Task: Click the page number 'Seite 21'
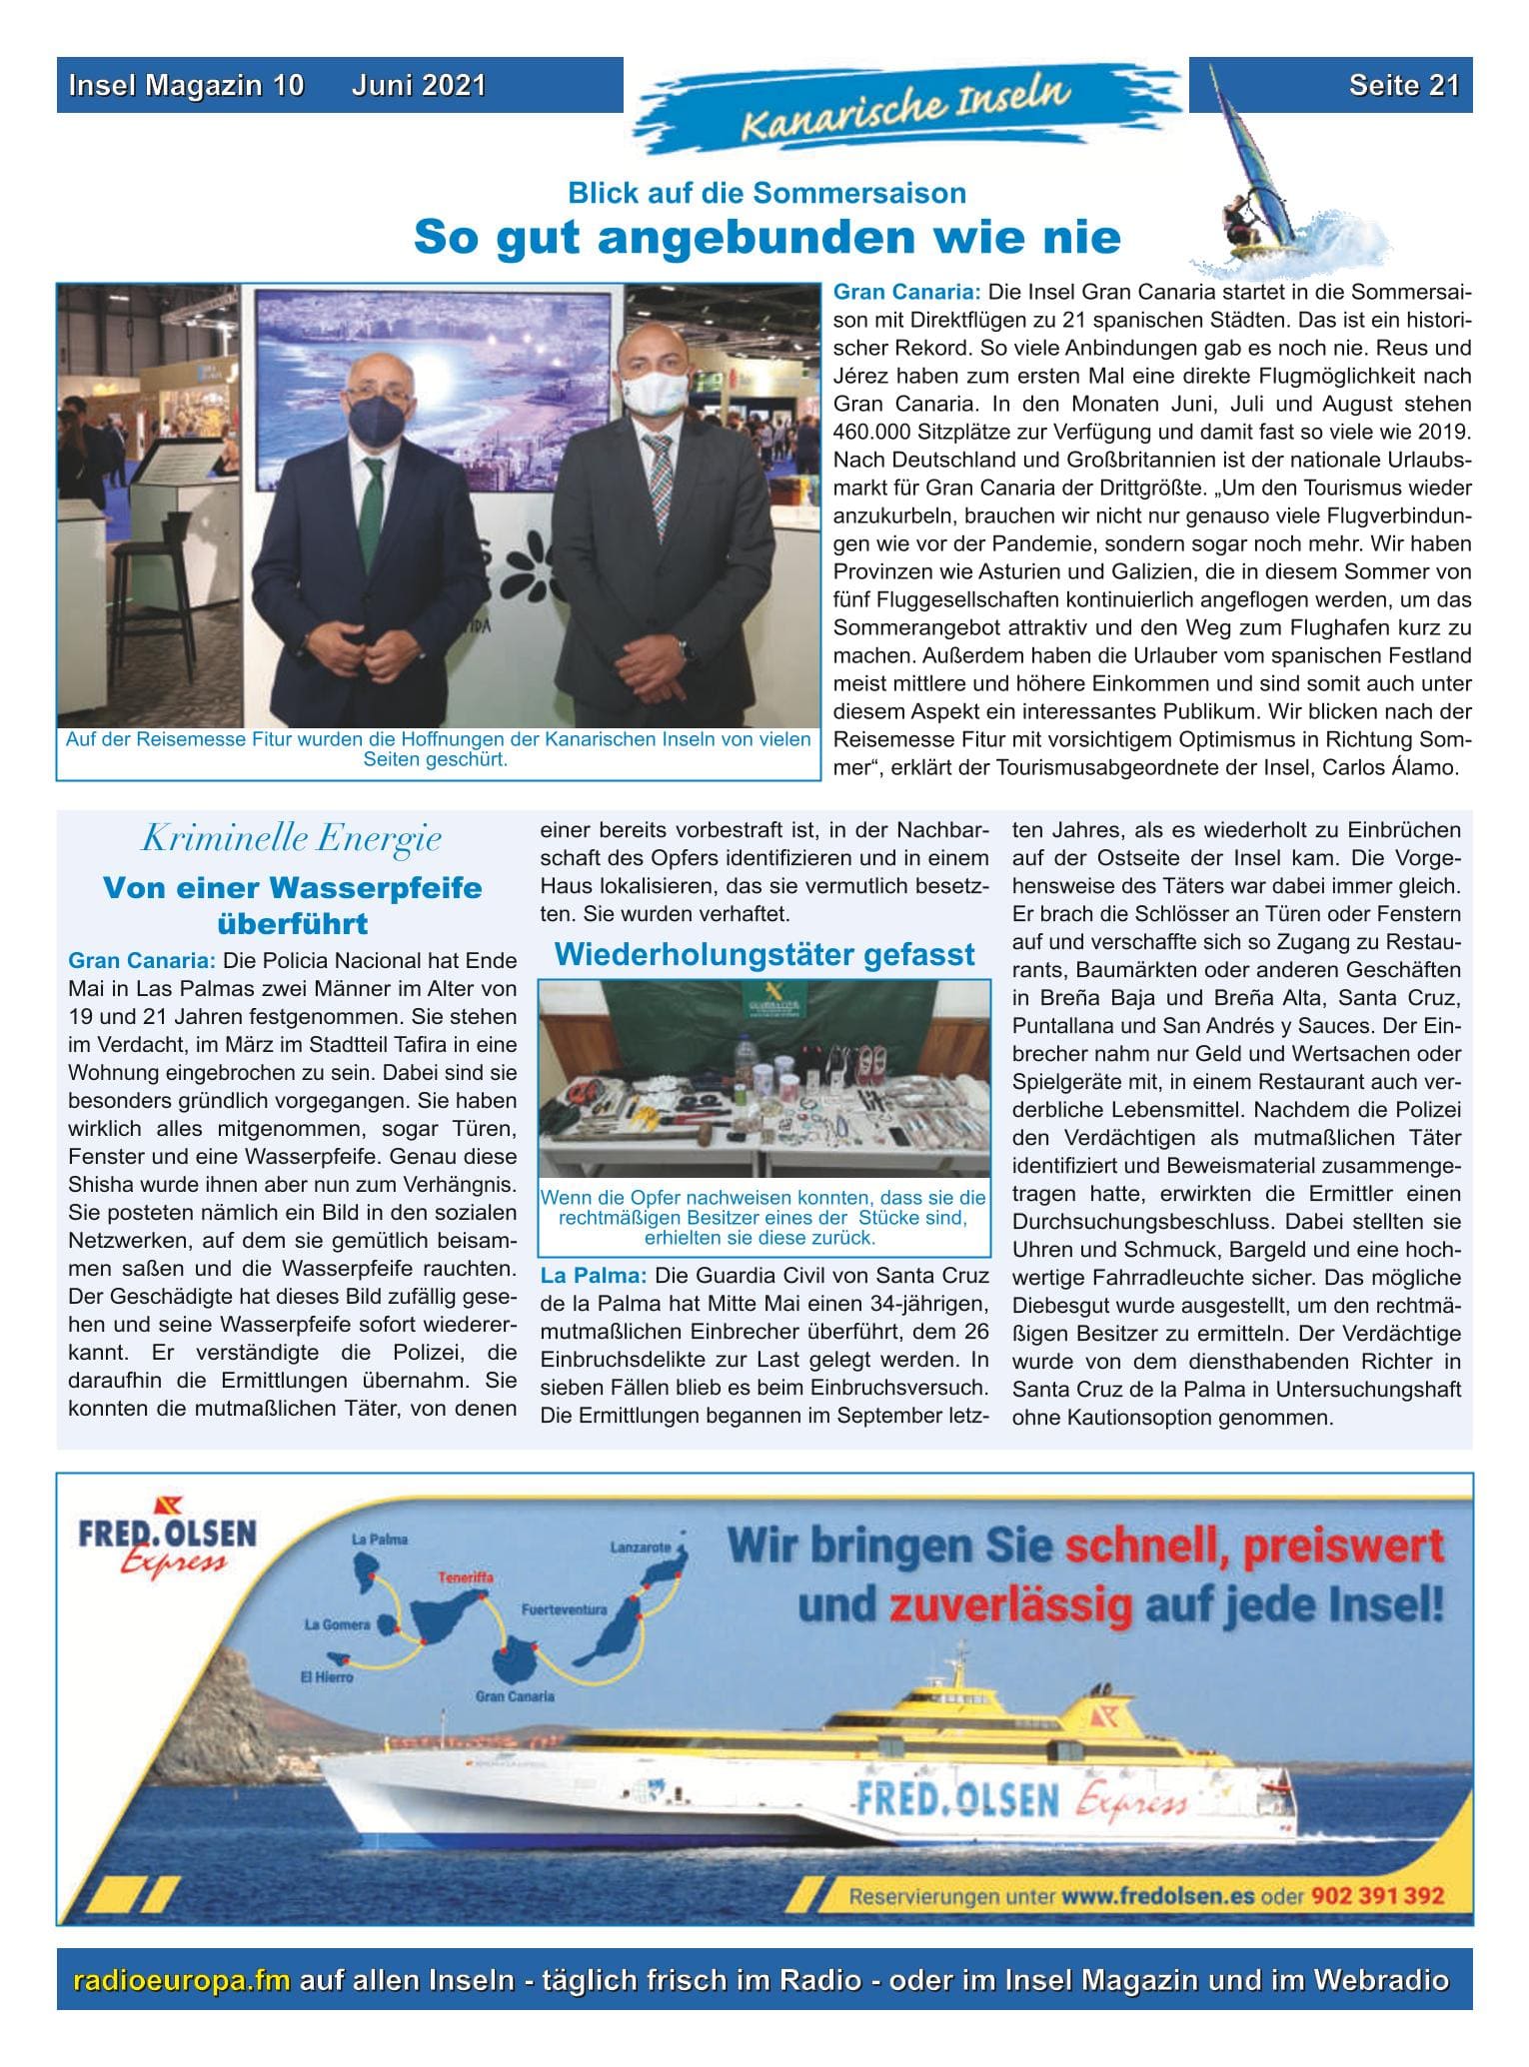pos(1403,85)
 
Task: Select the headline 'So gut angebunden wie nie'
pos(766,238)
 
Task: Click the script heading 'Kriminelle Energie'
pos(291,839)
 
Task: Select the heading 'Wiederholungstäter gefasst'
pos(764,954)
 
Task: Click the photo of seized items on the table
pos(764,1079)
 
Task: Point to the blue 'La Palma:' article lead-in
pos(594,1276)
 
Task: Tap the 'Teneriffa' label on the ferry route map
pos(465,1578)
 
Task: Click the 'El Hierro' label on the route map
pos(327,1677)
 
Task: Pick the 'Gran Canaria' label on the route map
pos(515,1696)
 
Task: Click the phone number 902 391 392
pos(1380,1895)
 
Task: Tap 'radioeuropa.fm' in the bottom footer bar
pos(183,1981)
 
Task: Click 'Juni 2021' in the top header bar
pos(418,85)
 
